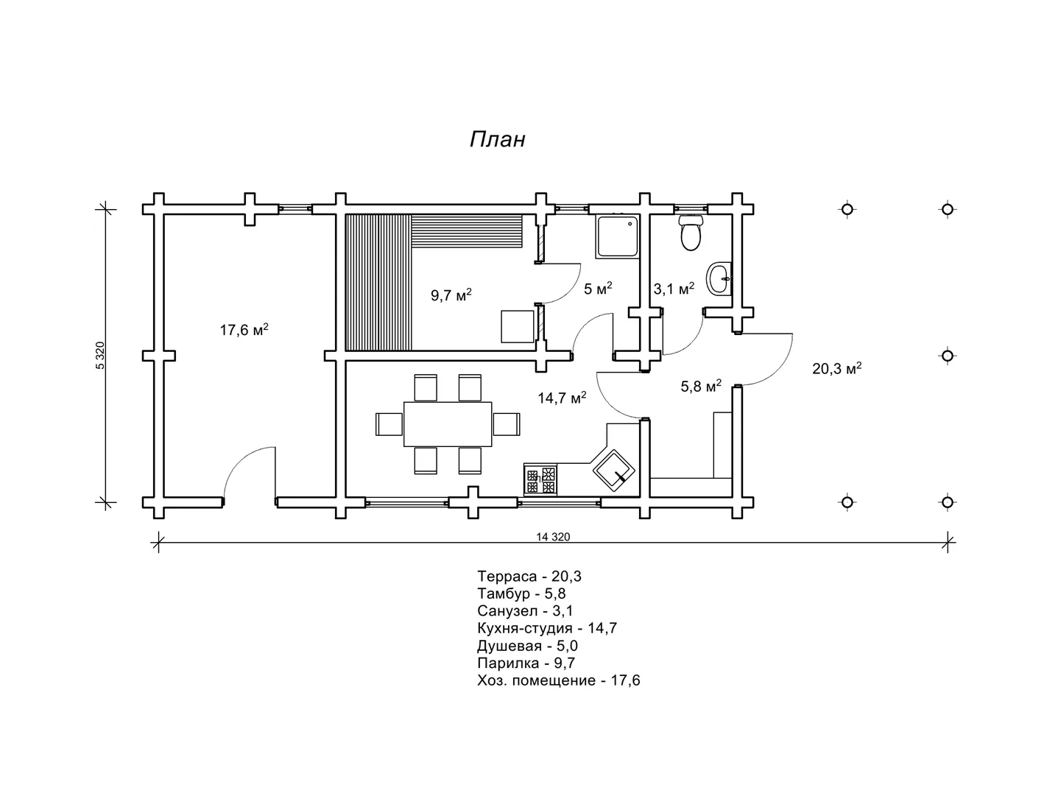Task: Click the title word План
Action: click(x=497, y=140)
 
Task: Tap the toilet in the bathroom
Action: click(x=691, y=233)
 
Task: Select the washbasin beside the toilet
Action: click(x=719, y=279)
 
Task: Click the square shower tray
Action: click(x=617, y=237)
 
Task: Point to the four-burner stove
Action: click(x=540, y=480)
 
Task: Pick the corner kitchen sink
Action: click(x=613, y=471)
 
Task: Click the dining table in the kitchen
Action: click(x=448, y=424)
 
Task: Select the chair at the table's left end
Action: click(x=389, y=424)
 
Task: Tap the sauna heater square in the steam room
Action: click(x=518, y=327)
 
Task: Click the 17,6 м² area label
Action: click(x=244, y=330)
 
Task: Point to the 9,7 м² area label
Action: click(x=451, y=295)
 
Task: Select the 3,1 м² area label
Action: click(x=674, y=289)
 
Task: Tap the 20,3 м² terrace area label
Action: click(x=837, y=369)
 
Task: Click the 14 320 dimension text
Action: click(x=553, y=537)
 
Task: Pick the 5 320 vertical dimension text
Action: click(x=100, y=356)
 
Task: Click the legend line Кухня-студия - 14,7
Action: click(x=547, y=628)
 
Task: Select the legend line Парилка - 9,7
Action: click(x=526, y=663)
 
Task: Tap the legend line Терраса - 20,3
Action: click(x=529, y=576)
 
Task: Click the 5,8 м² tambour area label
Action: click(x=701, y=386)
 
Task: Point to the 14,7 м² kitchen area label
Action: click(x=562, y=398)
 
